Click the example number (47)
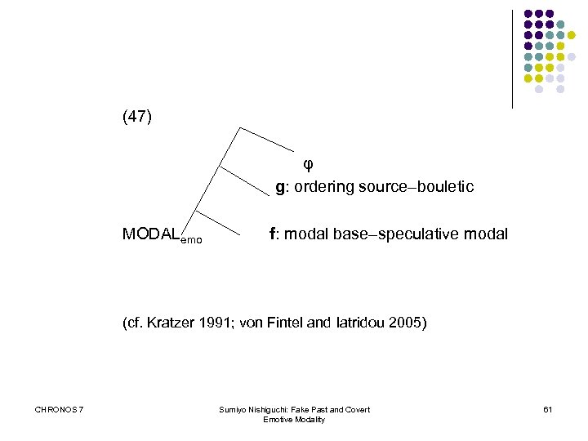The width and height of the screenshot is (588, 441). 136,117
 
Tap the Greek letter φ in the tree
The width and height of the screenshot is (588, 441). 308,163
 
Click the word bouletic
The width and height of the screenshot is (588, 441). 446,187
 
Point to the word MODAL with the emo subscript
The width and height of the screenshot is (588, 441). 151,234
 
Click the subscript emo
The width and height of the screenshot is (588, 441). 191,240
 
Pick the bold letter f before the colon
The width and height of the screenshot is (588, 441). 273,234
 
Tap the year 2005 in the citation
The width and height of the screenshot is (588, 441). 407,323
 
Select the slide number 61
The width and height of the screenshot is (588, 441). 547,409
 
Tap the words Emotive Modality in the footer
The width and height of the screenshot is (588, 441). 294,420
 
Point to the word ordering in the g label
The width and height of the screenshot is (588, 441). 321,187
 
